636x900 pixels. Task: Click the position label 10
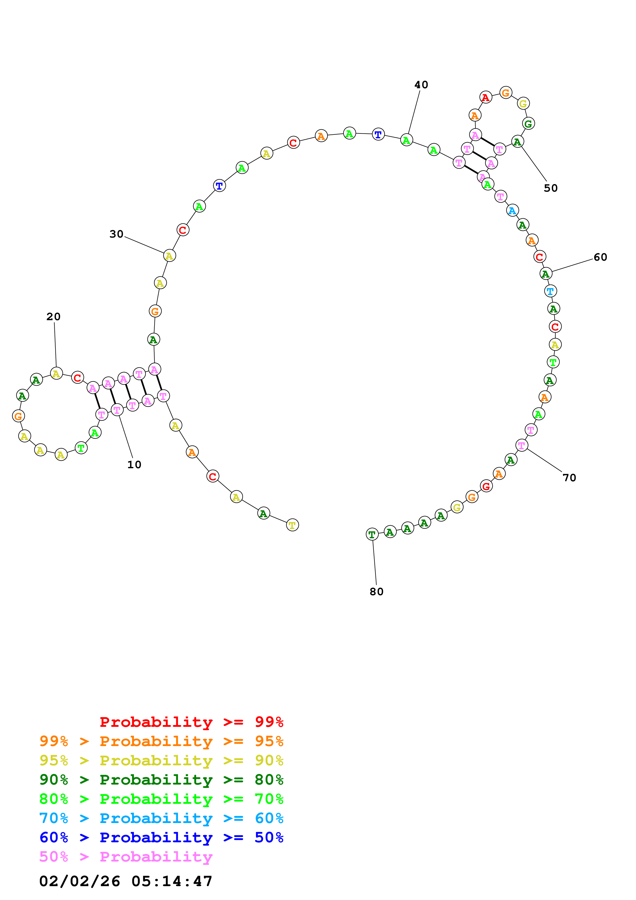pyautogui.click(x=134, y=465)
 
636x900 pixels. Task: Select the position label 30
pyautogui.click(x=116, y=234)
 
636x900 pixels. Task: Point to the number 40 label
pyautogui.click(x=421, y=85)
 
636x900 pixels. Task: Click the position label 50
pyautogui.click(x=551, y=188)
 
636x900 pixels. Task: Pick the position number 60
pyautogui.click(x=600, y=257)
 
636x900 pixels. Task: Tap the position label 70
pyautogui.click(x=569, y=477)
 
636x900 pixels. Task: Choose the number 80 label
pyautogui.click(x=377, y=592)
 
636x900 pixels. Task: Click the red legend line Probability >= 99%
pyautogui.click(x=191, y=722)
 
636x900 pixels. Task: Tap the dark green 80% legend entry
pyautogui.click(x=161, y=780)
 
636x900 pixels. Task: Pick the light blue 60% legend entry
pyautogui.click(x=161, y=818)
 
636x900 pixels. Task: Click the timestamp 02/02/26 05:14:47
pyautogui.click(x=126, y=881)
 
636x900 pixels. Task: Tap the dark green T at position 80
pyautogui.click(x=372, y=534)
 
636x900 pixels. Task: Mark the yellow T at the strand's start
pyautogui.click(x=292, y=525)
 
